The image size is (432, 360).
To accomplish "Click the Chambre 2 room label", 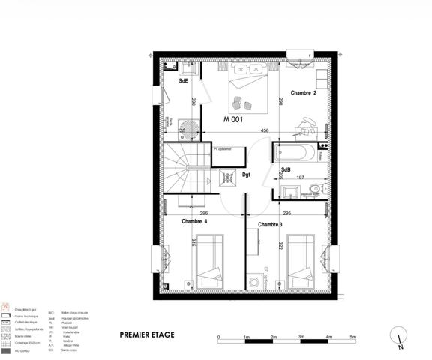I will click(x=304, y=93).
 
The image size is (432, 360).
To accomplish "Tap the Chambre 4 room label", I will click(x=194, y=221).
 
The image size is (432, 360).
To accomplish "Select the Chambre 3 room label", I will click(x=270, y=225).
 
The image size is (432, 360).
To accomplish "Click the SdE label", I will click(x=183, y=80).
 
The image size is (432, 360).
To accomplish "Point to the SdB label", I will click(x=286, y=171).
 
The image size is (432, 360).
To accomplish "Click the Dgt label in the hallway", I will click(x=245, y=176).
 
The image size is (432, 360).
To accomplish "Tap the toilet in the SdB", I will click(x=316, y=188).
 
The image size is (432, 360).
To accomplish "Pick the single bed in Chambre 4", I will click(x=209, y=259).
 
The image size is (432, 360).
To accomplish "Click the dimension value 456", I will click(x=265, y=131).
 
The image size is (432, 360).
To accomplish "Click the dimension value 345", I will click(x=193, y=243).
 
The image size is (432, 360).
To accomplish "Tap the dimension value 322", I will click(x=280, y=245).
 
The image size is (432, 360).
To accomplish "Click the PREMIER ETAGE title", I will click(x=147, y=334).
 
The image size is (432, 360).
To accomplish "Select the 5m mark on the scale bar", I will click(x=352, y=338).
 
